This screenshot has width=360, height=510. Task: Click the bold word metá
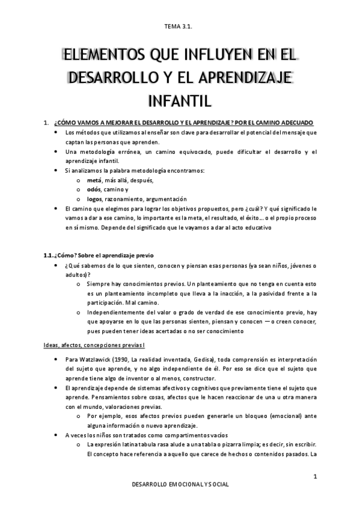coord(93,180)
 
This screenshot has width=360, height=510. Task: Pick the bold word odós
coord(93,189)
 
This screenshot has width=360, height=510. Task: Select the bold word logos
coord(94,199)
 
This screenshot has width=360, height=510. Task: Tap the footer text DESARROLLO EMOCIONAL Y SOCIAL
coord(180,484)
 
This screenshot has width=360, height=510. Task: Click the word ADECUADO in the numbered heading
coord(301,123)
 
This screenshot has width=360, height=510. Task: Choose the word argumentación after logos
coord(165,199)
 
